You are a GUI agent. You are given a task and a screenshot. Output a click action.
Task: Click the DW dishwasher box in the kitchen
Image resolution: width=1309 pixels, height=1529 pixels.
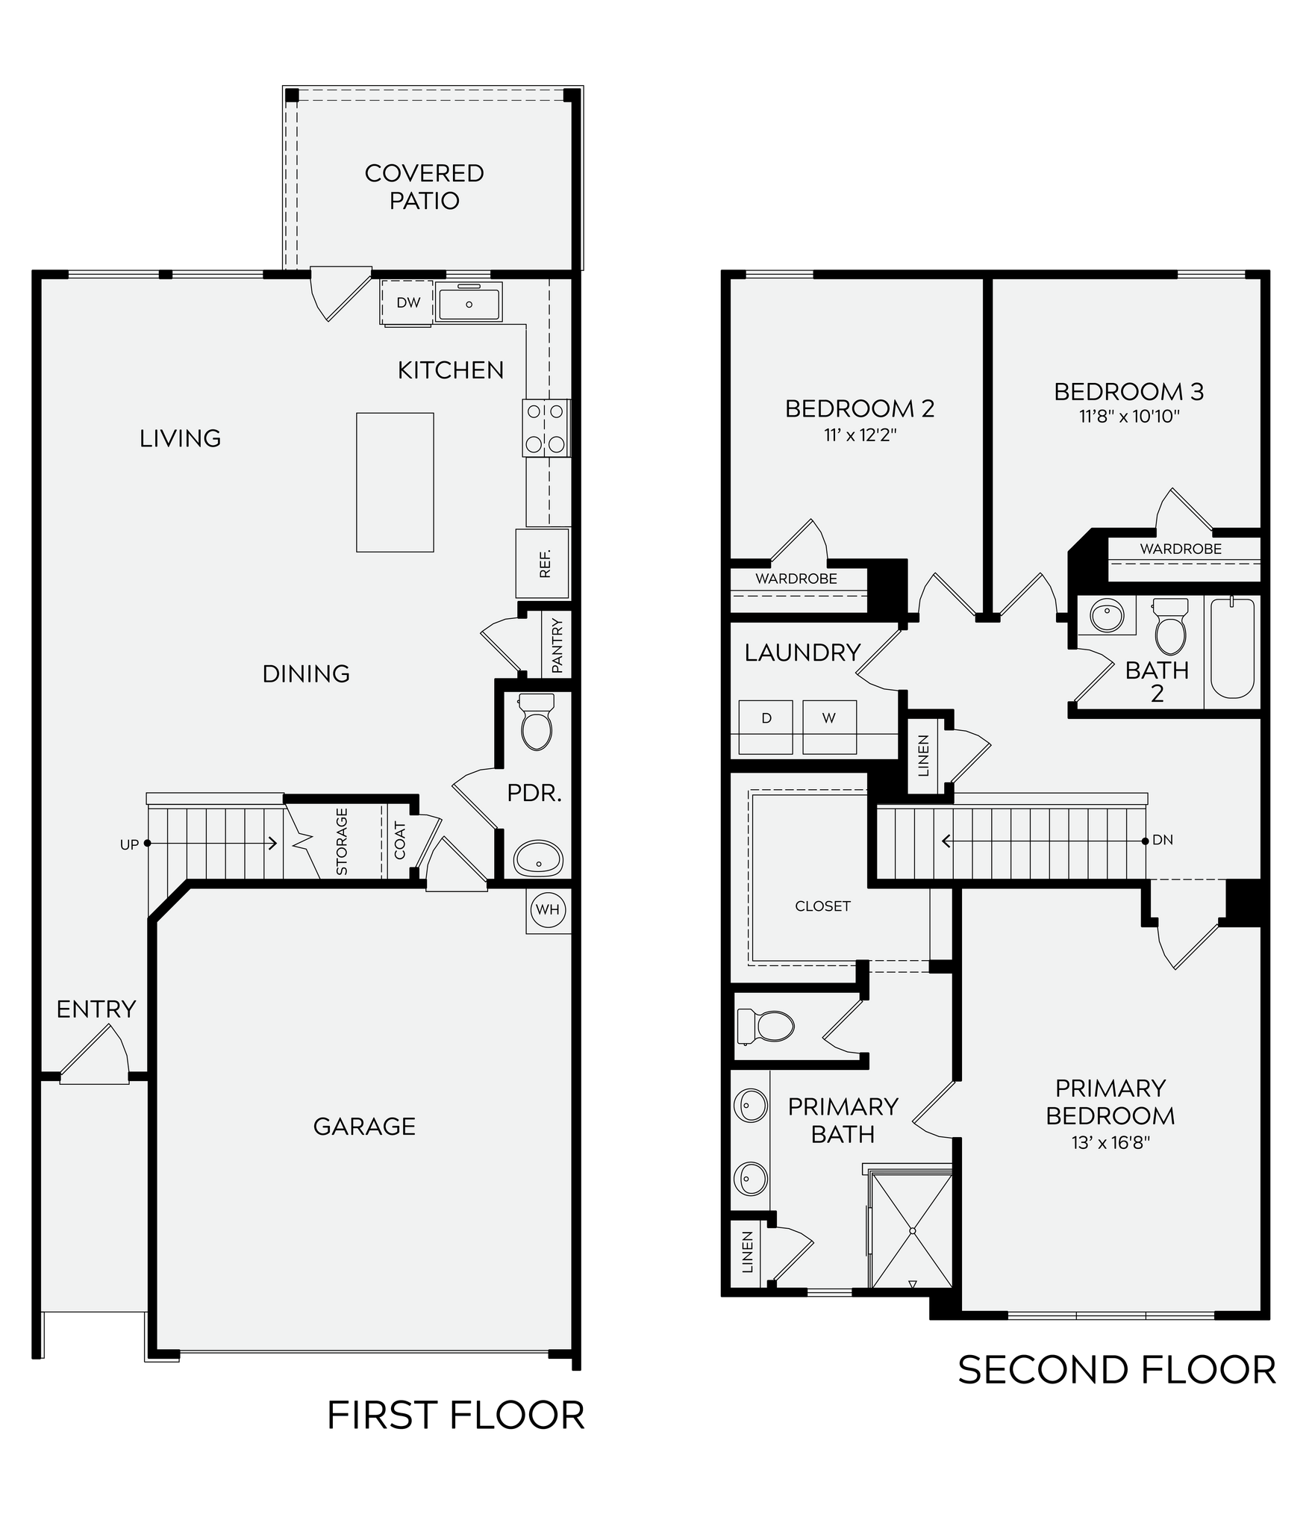coord(407,302)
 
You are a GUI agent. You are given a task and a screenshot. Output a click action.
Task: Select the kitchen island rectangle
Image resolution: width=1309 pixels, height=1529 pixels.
coord(395,482)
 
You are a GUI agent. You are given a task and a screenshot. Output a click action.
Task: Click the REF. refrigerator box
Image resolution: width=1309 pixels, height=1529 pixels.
coord(543,564)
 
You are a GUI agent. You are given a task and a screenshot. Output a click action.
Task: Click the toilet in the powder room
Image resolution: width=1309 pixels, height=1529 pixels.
coord(536,722)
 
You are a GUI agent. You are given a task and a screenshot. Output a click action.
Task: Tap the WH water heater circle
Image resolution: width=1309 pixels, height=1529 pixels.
coord(547,910)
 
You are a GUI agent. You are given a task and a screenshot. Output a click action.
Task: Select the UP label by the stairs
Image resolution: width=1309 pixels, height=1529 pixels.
coord(129,844)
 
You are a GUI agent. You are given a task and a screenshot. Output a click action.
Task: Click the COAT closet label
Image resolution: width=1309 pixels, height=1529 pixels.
coord(400,841)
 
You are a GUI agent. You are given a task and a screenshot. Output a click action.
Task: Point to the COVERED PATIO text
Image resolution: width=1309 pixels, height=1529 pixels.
coord(424,187)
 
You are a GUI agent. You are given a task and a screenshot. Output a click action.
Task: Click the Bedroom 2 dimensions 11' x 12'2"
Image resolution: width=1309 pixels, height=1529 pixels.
coord(860,435)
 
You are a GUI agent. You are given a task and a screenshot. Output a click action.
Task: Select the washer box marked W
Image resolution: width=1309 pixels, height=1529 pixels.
coord(828,719)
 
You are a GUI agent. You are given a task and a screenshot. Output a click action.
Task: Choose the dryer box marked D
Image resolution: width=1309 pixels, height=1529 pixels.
coord(766,719)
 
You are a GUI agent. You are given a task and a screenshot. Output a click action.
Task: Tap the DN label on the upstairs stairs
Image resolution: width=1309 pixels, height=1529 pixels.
coord(1163,840)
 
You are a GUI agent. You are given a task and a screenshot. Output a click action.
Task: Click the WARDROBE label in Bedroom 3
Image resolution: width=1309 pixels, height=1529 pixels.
coord(1180,549)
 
